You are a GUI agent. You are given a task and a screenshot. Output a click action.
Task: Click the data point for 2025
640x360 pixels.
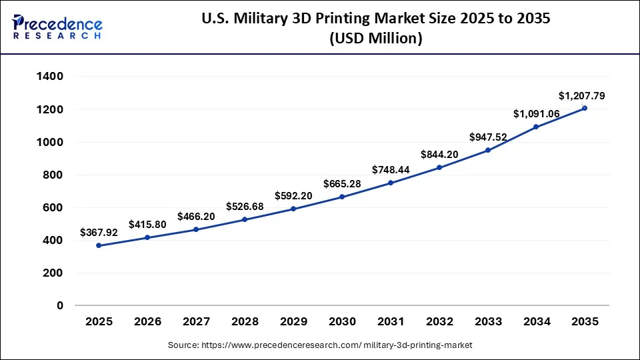click(x=99, y=245)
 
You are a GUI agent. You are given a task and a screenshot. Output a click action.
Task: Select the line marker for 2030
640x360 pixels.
click(x=342, y=197)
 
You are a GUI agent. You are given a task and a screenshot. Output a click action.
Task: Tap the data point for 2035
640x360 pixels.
click(x=585, y=108)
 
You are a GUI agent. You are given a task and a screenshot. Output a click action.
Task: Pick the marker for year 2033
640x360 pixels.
click(x=487, y=150)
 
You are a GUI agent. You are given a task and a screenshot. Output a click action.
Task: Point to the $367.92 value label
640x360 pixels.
click(x=99, y=233)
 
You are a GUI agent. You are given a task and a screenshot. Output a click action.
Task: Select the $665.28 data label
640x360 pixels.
click(x=342, y=183)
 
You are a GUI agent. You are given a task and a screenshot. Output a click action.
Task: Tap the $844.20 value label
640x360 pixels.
click(x=439, y=155)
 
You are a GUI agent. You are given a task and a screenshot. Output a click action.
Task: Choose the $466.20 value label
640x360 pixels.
click(x=196, y=217)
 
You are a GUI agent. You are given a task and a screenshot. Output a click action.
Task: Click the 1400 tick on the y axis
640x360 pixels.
click(x=51, y=77)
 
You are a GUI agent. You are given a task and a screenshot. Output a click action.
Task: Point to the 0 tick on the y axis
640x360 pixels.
click(x=59, y=305)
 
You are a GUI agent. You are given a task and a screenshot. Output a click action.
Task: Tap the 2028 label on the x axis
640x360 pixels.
click(x=245, y=321)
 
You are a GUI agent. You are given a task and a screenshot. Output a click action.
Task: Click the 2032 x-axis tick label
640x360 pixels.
click(x=439, y=321)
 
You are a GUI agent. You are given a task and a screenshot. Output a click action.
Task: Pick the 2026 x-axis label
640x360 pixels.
click(x=147, y=321)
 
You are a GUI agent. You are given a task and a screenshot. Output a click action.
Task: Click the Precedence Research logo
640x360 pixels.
click(x=57, y=27)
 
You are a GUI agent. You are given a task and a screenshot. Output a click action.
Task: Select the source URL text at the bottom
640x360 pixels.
click(x=320, y=345)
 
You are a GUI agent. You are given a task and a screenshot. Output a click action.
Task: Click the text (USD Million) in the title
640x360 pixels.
click(x=376, y=39)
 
